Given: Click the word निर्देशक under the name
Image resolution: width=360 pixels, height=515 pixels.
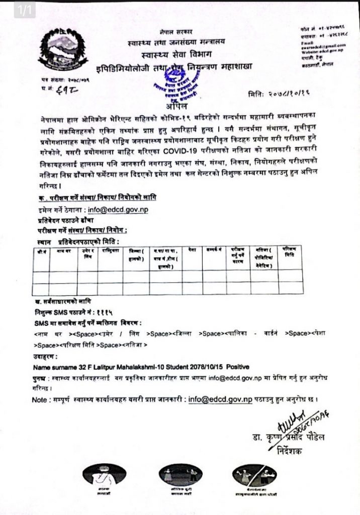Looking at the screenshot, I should tap(290, 451).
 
